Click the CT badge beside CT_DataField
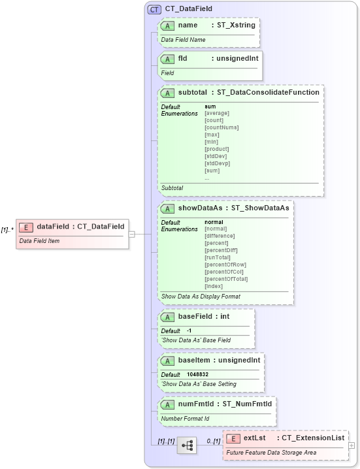pyautogui.click(x=155, y=9)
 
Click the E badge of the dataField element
pyautogui.click(x=27, y=227)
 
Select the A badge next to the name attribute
pyautogui.click(x=167, y=25)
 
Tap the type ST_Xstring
pyautogui.click(x=233, y=25)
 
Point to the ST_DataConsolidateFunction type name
pyautogui.click(x=269, y=92)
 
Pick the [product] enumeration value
pyautogui.click(x=216, y=149)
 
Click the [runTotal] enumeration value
pyautogui.click(x=217, y=257)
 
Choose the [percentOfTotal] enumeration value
pyautogui.click(x=226, y=279)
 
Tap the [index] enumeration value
pyautogui.click(x=214, y=286)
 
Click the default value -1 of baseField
pyautogui.click(x=189, y=331)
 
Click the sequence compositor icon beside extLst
pyautogui.click(x=186, y=445)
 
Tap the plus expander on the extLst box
pyautogui.click(x=352, y=445)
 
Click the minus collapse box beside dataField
pyautogui.click(x=131, y=233)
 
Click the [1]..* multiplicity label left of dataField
pyautogui.click(x=7, y=230)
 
